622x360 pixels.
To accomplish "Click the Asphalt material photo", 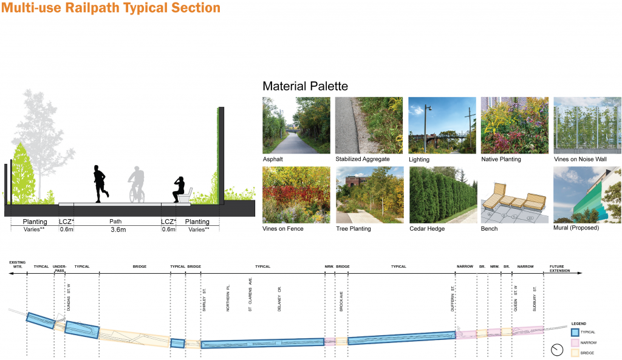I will pos(296,125).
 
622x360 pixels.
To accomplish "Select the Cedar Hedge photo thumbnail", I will pos(442,194).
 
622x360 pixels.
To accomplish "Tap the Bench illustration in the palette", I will pos(514,194).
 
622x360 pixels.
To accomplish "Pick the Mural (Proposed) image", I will pos(587,194).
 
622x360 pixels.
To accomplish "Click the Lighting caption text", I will pos(419,160).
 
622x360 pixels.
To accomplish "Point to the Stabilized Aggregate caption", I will pos(363,160).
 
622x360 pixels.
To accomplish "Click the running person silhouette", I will pos(99,183).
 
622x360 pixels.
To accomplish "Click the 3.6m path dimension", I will pos(117,230).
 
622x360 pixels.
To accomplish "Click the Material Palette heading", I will pos(305,86).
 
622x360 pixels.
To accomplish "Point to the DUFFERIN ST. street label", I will pos(453,299).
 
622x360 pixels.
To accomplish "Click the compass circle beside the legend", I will pos(557,350).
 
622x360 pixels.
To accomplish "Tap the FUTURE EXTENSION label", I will pos(560,268).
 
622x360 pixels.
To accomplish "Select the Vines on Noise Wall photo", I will pos(587,125).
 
